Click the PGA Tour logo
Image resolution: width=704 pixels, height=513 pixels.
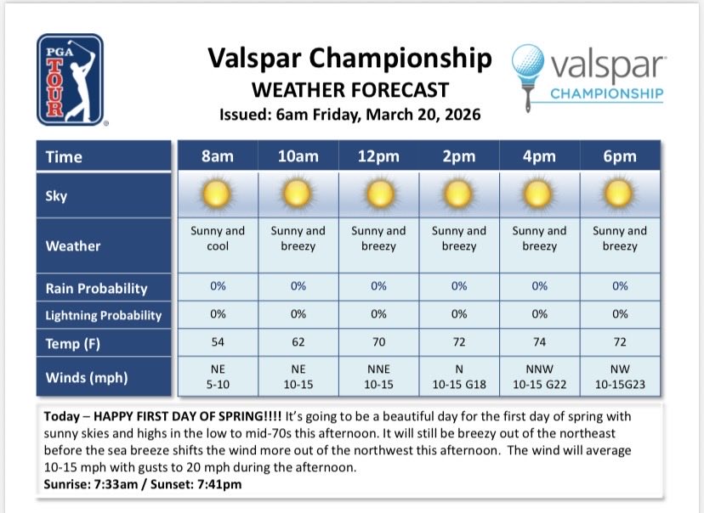click(x=70, y=79)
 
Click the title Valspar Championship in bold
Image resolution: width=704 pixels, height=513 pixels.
click(x=349, y=59)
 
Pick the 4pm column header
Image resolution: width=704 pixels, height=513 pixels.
click(x=539, y=156)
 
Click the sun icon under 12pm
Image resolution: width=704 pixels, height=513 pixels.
click(x=378, y=194)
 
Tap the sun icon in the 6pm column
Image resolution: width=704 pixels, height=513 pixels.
click(x=620, y=194)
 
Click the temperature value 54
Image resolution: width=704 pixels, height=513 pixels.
click(x=217, y=343)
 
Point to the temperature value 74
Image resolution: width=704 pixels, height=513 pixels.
click(x=539, y=343)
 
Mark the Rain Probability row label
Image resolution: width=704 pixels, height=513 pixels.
click(x=96, y=288)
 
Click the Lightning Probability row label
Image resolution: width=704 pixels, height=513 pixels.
click(x=103, y=315)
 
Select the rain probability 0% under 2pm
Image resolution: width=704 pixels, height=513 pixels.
click(x=459, y=286)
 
